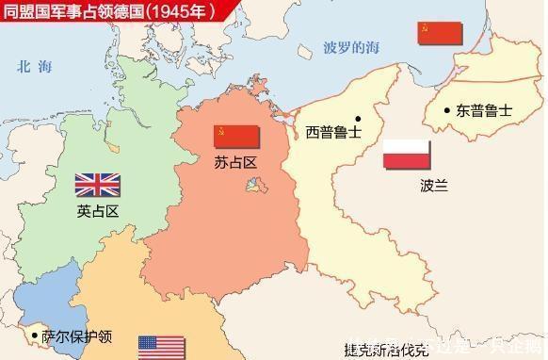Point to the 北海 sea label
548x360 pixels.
[x=37, y=67]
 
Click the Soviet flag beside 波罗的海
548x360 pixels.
[x=440, y=33]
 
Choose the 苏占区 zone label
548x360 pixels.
[x=235, y=163]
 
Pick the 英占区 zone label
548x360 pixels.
[x=98, y=211]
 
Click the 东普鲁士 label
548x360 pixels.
[x=484, y=110]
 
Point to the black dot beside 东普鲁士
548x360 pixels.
[x=448, y=110]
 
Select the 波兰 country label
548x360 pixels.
[x=407, y=186]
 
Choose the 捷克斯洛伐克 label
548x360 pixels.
[x=386, y=351]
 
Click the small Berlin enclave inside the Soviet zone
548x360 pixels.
[x=253, y=188]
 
